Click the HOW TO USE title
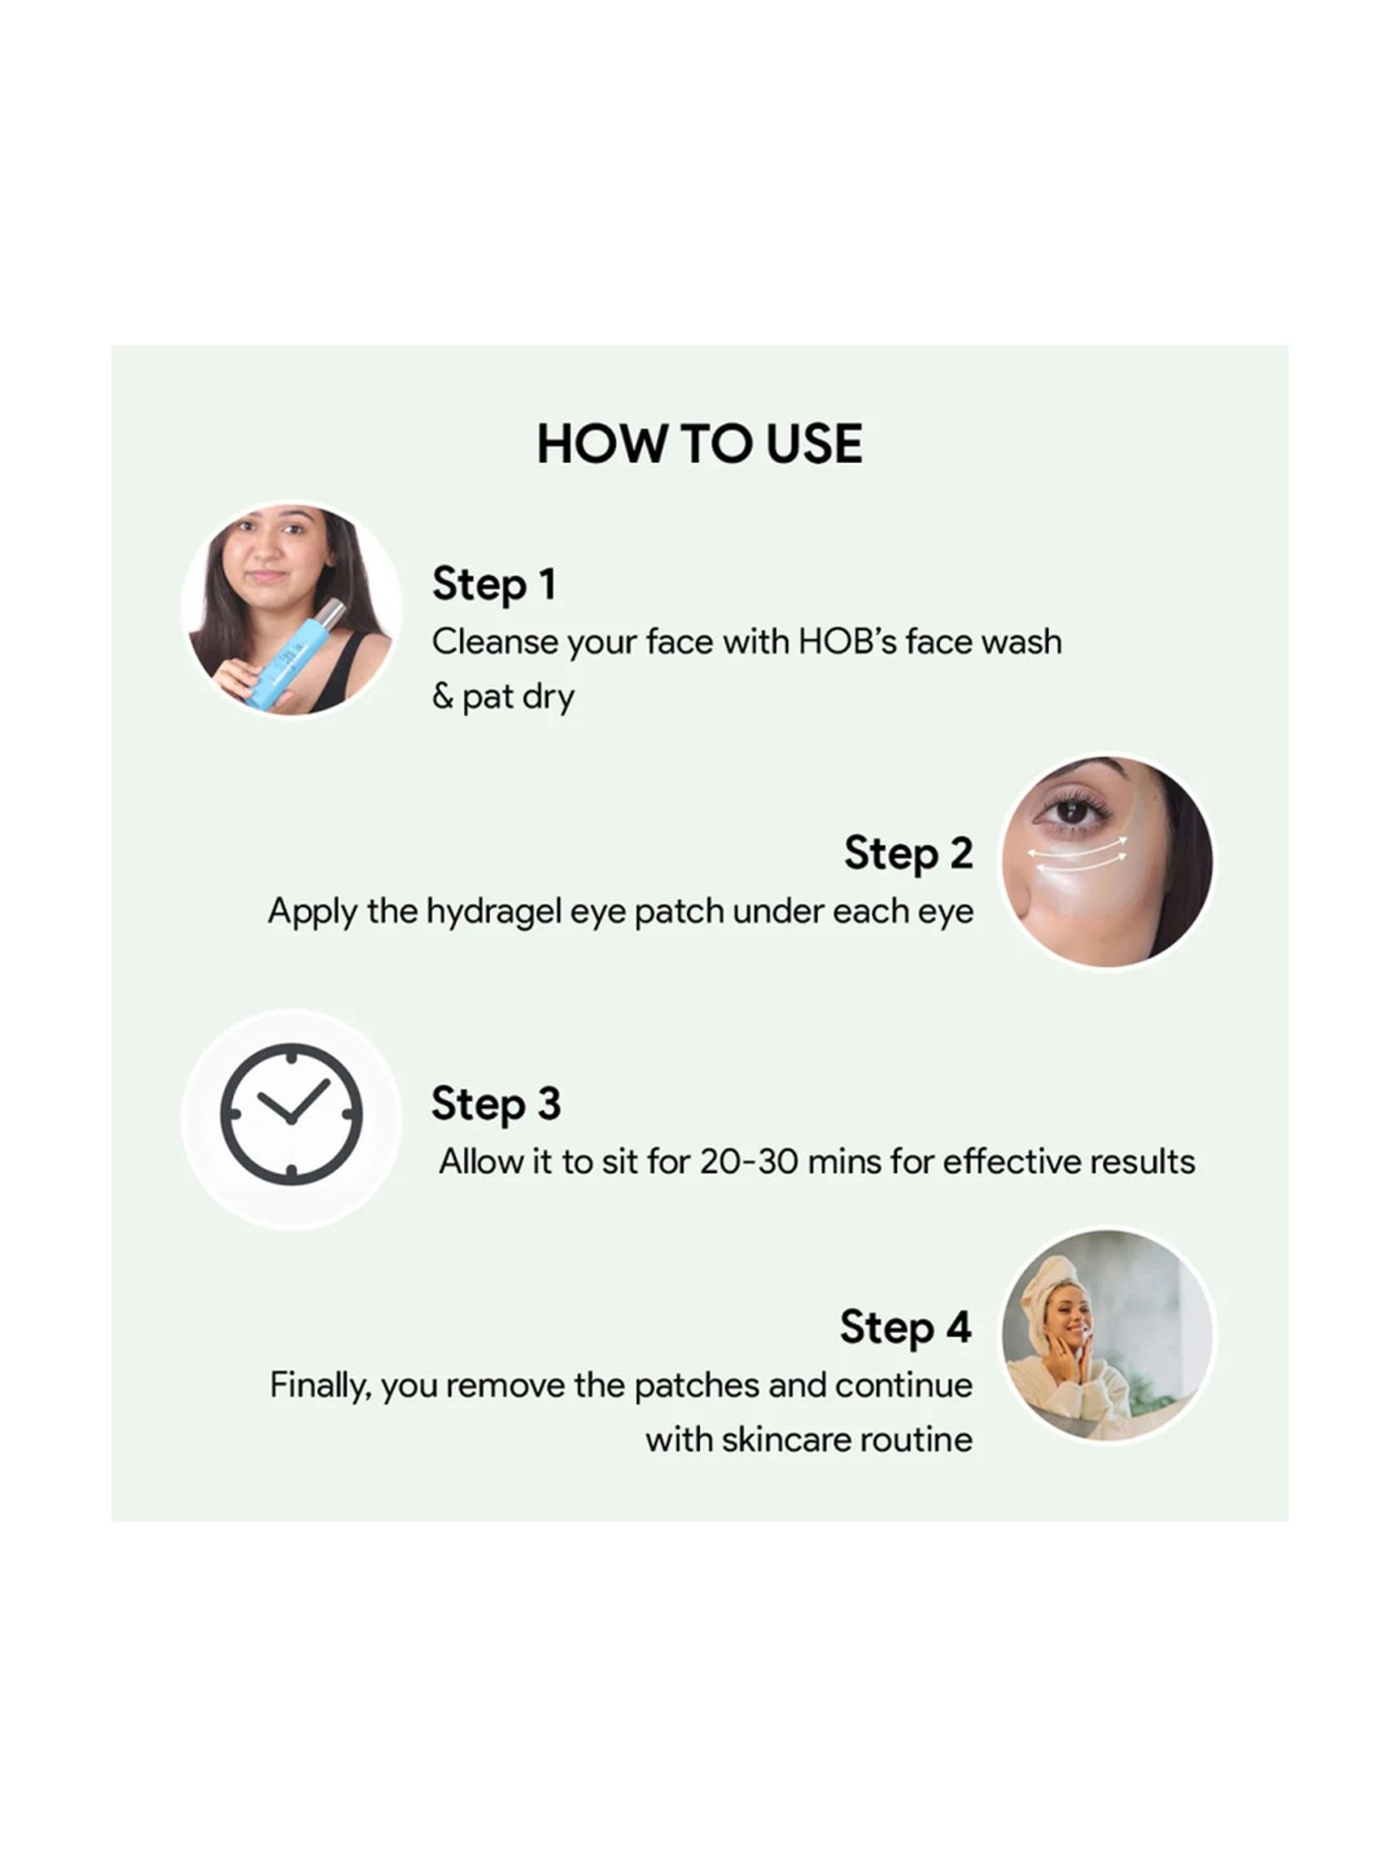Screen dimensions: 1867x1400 pos(699,443)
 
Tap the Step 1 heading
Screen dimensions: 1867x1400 pos(494,585)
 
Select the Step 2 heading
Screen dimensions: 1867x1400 pos(908,853)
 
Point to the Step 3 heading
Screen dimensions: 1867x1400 pos(496,1103)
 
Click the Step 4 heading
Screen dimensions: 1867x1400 pos(905,1327)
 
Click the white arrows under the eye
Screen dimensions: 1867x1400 pos(1077,853)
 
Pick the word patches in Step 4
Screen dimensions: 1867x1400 pos(696,1385)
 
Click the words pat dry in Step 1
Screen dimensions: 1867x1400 pos(518,697)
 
